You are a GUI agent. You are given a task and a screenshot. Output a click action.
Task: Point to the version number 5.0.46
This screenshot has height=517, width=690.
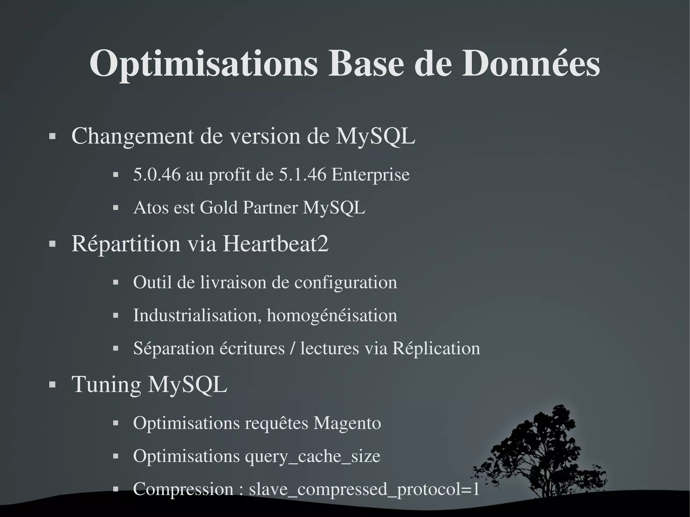click(x=157, y=174)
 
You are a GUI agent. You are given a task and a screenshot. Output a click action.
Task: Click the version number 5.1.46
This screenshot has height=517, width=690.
click(x=303, y=174)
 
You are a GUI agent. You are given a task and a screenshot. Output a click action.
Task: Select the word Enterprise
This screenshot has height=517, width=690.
click(x=371, y=174)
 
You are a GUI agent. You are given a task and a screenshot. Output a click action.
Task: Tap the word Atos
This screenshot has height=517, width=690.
click(x=151, y=207)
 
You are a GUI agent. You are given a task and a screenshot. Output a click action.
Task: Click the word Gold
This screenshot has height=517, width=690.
click(x=219, y=207)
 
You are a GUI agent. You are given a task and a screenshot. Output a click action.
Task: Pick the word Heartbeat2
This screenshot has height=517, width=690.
click(x=275, y=244)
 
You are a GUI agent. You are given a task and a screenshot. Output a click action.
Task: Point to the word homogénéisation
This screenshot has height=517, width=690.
click(x=332, y=315)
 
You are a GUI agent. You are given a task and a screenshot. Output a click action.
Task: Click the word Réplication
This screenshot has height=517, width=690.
click(x=436, y=348)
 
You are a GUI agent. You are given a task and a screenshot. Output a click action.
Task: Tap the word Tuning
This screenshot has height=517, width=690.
click(x=106, y=384)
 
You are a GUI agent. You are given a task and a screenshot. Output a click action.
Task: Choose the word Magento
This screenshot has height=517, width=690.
click(x=347, y=423)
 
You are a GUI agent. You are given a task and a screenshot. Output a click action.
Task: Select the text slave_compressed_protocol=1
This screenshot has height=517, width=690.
click(x=364, y=489)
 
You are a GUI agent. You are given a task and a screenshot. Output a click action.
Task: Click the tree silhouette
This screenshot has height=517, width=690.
click(x=546, y=451)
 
